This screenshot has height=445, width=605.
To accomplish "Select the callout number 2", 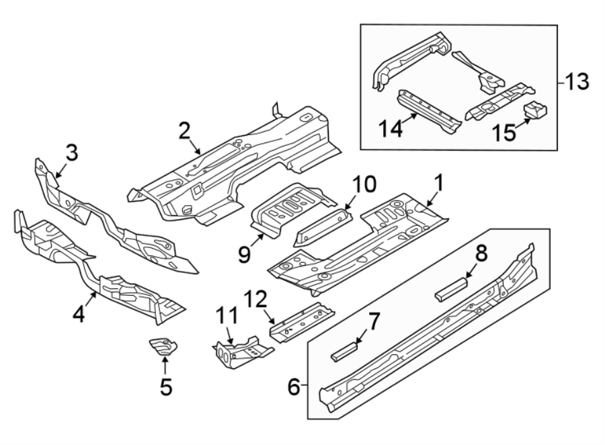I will [184, 130].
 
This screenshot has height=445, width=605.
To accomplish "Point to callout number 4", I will [79, 314].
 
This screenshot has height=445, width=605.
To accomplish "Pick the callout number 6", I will [293, 386].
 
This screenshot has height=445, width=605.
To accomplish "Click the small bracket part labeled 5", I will [162, 348].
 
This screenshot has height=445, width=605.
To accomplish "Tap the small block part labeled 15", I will [535, 109].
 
